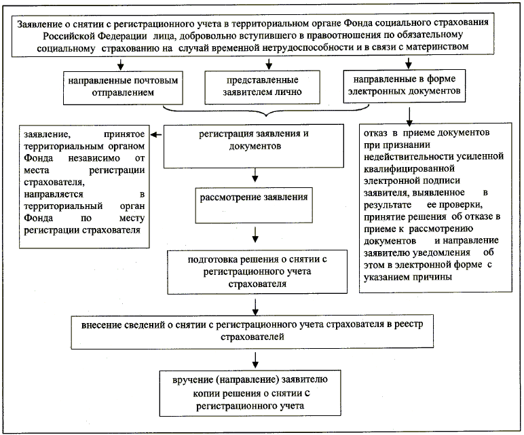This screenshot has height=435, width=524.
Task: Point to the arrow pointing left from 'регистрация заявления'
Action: click(x=157, y=134)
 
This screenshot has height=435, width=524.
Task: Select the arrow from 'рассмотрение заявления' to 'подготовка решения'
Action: click(x=254, y=234)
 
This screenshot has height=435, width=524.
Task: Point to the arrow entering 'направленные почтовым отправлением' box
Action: click(x=120, y=65)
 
